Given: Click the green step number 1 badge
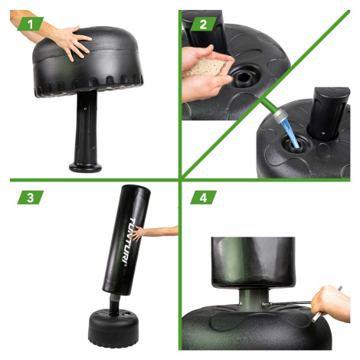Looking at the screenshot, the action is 31,24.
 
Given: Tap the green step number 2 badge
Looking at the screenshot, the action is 204,24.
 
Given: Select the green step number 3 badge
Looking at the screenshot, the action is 31,198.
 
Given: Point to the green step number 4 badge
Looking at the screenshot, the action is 204,198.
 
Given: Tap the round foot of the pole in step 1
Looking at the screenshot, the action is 85,167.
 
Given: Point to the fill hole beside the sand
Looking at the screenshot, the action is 244,79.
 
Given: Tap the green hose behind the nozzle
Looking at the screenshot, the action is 267,105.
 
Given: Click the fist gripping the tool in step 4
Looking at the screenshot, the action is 331,303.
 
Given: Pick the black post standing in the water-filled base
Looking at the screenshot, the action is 328,113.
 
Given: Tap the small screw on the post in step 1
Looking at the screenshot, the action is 85,109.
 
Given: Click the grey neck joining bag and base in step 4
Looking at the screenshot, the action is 254,298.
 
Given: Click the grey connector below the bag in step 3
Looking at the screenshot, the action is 115,298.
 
